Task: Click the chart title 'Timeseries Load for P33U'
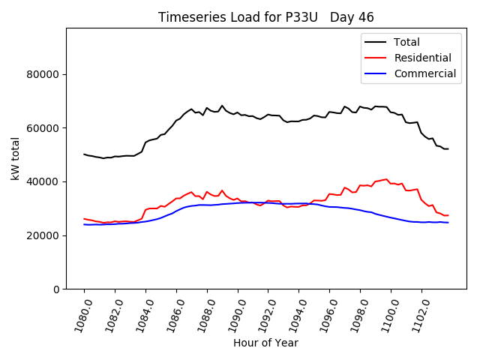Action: tap(238, 17)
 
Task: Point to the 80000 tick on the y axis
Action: tap(43, 74)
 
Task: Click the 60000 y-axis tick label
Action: tap(43, 128)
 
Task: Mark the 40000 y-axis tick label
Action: tap(43, 181)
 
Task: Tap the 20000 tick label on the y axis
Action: tap(43, 235)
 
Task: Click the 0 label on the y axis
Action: tap(55, 289)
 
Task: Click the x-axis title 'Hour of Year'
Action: tap(265, 343)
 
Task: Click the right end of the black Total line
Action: tap(448, 148)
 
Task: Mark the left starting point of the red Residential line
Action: tap(84, 219)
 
